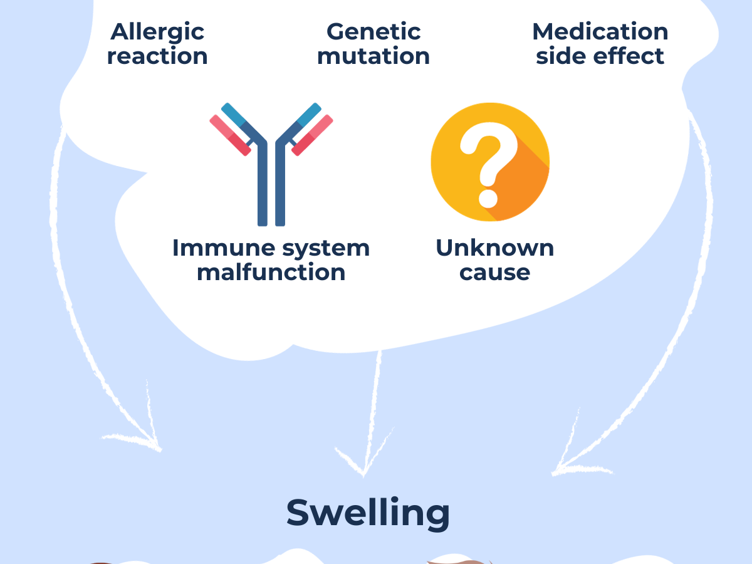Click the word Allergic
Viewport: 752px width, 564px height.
[x=157, y=32]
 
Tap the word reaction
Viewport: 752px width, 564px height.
[x=157, y=56]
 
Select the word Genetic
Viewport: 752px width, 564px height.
[x=373, y=32]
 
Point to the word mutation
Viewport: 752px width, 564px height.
[x=373, y=56]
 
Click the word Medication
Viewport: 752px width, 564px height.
[x=600, y=32]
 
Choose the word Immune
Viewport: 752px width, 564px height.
[x=210, y=248]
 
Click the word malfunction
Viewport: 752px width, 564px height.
[x=271, y=273]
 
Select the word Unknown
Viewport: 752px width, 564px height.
[x=494, y=248]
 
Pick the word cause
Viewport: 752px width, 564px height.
[x=494, y=273]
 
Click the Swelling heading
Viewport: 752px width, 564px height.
[x=368, y=513]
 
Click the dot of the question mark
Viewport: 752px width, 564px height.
[x=488, y=198]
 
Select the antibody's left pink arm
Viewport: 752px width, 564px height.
[x=230, y=135]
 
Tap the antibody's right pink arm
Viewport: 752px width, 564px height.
[x=312, y=135]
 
